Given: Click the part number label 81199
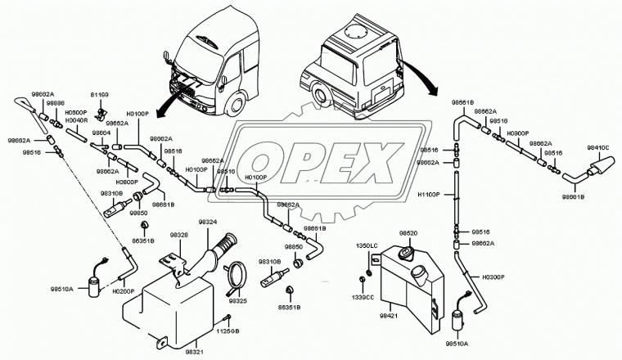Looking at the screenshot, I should (100, 95).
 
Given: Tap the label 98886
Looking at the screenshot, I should (55, 104).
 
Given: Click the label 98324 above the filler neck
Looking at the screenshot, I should (209, 222).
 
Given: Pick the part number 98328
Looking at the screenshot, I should (179, 235).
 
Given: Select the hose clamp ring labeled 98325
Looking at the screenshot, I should (236, 276).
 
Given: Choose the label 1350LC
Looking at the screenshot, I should (366, 245).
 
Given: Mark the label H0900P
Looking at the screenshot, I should (518, 132).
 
